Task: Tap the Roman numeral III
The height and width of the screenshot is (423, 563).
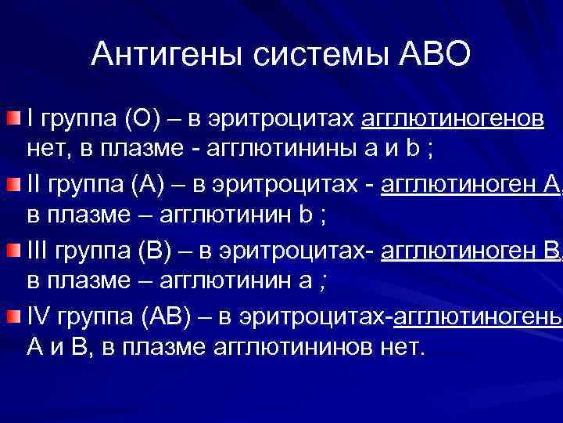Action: (x=39, y=251)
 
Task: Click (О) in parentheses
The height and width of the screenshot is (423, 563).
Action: (x=142, y=119)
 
